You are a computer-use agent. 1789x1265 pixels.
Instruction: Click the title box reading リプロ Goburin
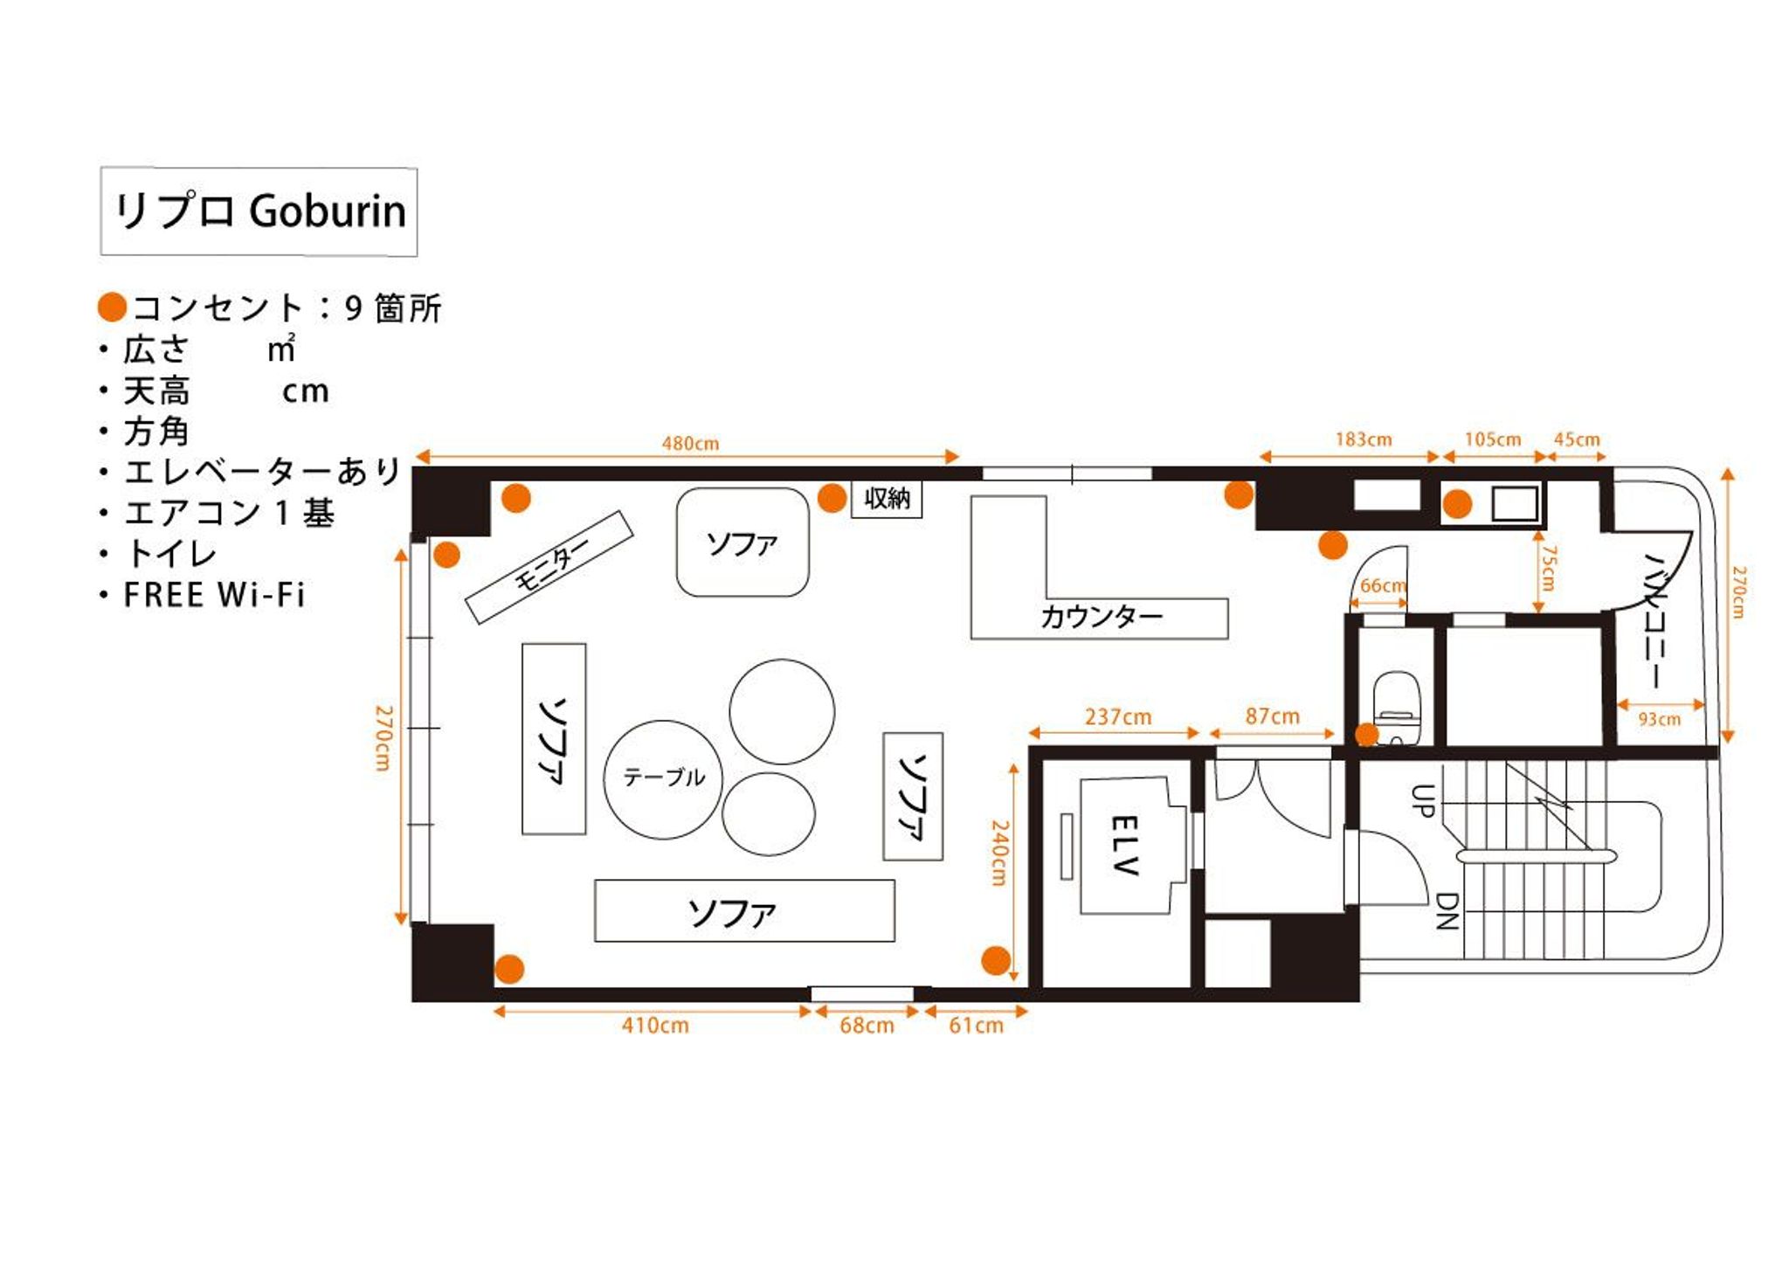tap(259, 211)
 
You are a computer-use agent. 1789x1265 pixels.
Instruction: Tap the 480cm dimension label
tap(690, 443)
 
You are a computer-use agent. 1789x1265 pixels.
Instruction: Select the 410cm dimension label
tap(655, 1025)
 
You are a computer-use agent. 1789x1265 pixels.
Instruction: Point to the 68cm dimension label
tap(867, 1025)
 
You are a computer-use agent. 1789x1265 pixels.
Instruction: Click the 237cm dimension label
tap(1118, 717)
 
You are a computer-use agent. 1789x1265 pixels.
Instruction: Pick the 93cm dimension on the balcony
tap(1659, 719)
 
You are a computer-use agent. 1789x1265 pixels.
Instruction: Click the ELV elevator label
tap(1124, 845)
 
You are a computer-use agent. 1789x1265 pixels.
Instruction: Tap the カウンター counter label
tap(1101, 617)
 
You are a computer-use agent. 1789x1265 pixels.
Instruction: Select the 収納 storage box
tap(887, 499)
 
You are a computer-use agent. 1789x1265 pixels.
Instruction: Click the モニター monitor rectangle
tap(549, 567)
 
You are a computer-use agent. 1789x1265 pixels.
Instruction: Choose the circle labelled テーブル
tap(663, 779)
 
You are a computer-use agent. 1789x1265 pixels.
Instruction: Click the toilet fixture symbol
tap(1397, 706)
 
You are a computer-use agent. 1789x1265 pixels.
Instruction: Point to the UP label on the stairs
tap(1422, 800)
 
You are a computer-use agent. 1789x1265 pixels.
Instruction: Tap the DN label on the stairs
tap(1447, 911)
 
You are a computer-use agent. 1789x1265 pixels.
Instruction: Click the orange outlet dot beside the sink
tap(1457, 504)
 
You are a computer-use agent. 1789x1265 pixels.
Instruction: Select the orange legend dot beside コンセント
tap(113, 307)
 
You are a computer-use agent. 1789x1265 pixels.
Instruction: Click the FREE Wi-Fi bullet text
tap(214, 595)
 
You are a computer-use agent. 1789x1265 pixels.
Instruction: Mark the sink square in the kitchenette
tap(1515, 504)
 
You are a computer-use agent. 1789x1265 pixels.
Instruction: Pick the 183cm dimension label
tap(1364, 439)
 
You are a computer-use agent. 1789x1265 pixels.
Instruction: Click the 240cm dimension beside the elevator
tap(999, 853)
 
